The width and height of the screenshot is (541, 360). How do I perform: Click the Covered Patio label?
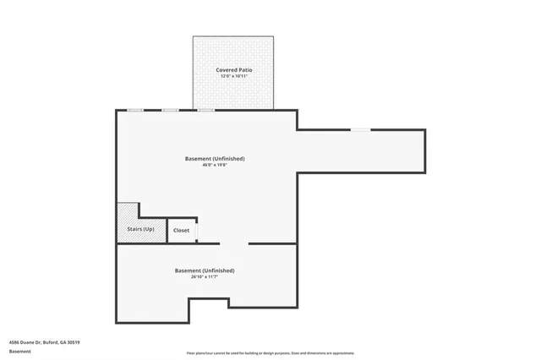[x=233, y=70]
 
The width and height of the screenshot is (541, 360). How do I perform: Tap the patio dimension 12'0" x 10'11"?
[x=233, y=77]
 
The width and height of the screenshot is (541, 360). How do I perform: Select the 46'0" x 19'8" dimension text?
[x=215, y=165]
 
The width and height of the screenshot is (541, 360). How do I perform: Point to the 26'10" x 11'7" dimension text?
[x=204, y=276]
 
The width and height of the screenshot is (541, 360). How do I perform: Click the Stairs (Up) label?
[x=140, y=230]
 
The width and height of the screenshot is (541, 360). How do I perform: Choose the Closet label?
[x=181, y=230]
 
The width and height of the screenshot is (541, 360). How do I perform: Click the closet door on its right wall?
[x=196, y=230]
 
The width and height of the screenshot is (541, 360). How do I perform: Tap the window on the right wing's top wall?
[x=361, y=129]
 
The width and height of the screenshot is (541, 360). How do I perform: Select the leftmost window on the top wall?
[x=134, y=110]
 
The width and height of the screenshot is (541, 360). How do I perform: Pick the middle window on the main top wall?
[x=170, y=110]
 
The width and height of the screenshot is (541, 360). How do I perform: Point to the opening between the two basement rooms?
[x=233, y=243]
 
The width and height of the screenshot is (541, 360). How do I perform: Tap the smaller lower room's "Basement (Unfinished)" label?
[x=204, y=270]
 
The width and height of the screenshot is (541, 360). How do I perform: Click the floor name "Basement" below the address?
[x=20, y=352]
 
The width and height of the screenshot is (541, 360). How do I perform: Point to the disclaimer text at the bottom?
[x=270, y=352]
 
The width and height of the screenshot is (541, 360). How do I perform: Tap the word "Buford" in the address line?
[x=55, y=342]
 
